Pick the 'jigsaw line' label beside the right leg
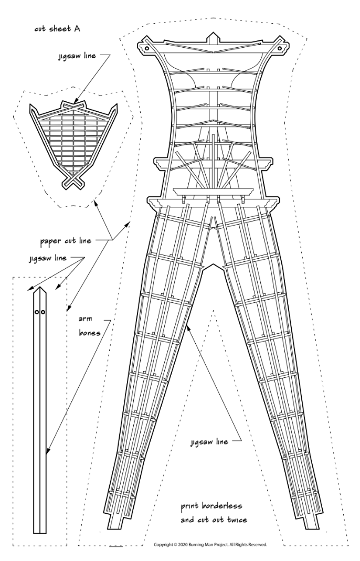point(209,442)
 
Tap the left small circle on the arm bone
point(37,312)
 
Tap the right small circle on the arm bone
point(43,312)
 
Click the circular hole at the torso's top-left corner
point(147,48)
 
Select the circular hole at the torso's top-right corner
point(280,48)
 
